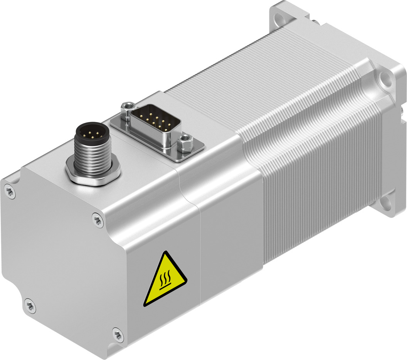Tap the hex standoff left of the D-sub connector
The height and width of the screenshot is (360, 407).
tap(127, 108)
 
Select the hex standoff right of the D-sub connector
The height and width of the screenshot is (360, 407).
tap(185, 140)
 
